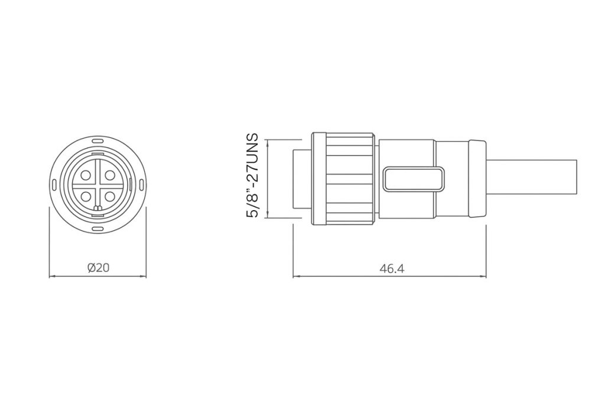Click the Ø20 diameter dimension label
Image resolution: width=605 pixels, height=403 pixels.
tap(98, 267)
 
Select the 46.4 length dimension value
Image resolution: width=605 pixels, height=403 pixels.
tap(392, 268)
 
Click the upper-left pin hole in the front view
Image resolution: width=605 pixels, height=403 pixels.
tap(86, 175)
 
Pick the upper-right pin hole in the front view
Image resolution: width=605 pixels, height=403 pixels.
tap(109, 175)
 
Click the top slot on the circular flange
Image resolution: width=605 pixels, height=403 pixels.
tap(97, 143)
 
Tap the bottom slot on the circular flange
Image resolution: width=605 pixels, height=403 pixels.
tap(97, 230)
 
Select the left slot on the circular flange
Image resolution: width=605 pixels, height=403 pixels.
tap(54, 186)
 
